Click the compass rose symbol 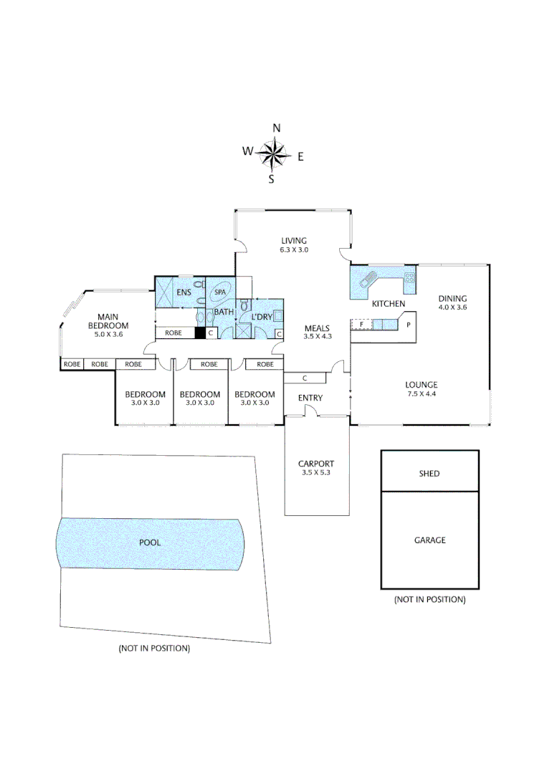click(x=273, y=153)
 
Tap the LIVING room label click(x=293, y=241)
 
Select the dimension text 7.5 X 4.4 click(x=421, y=393)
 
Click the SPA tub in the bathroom click(x=219, y=293)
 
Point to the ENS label click(x=184, y=292)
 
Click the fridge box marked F click(x=361, y=325)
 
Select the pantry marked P click(x=408, y=325)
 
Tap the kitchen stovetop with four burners click(x=410, y=280)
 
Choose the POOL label click(x=150, y=543)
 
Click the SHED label click(x=429, y=474)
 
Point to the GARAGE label click(x=429, y=540)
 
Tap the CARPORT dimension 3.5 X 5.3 click(x=315, y=473)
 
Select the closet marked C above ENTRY click(x=305, y=378)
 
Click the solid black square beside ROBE click(x=200, y=333)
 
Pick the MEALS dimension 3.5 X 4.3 click(x=315, y=337)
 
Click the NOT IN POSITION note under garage click(x=429, y=599)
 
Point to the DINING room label click(x=452, y=299)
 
